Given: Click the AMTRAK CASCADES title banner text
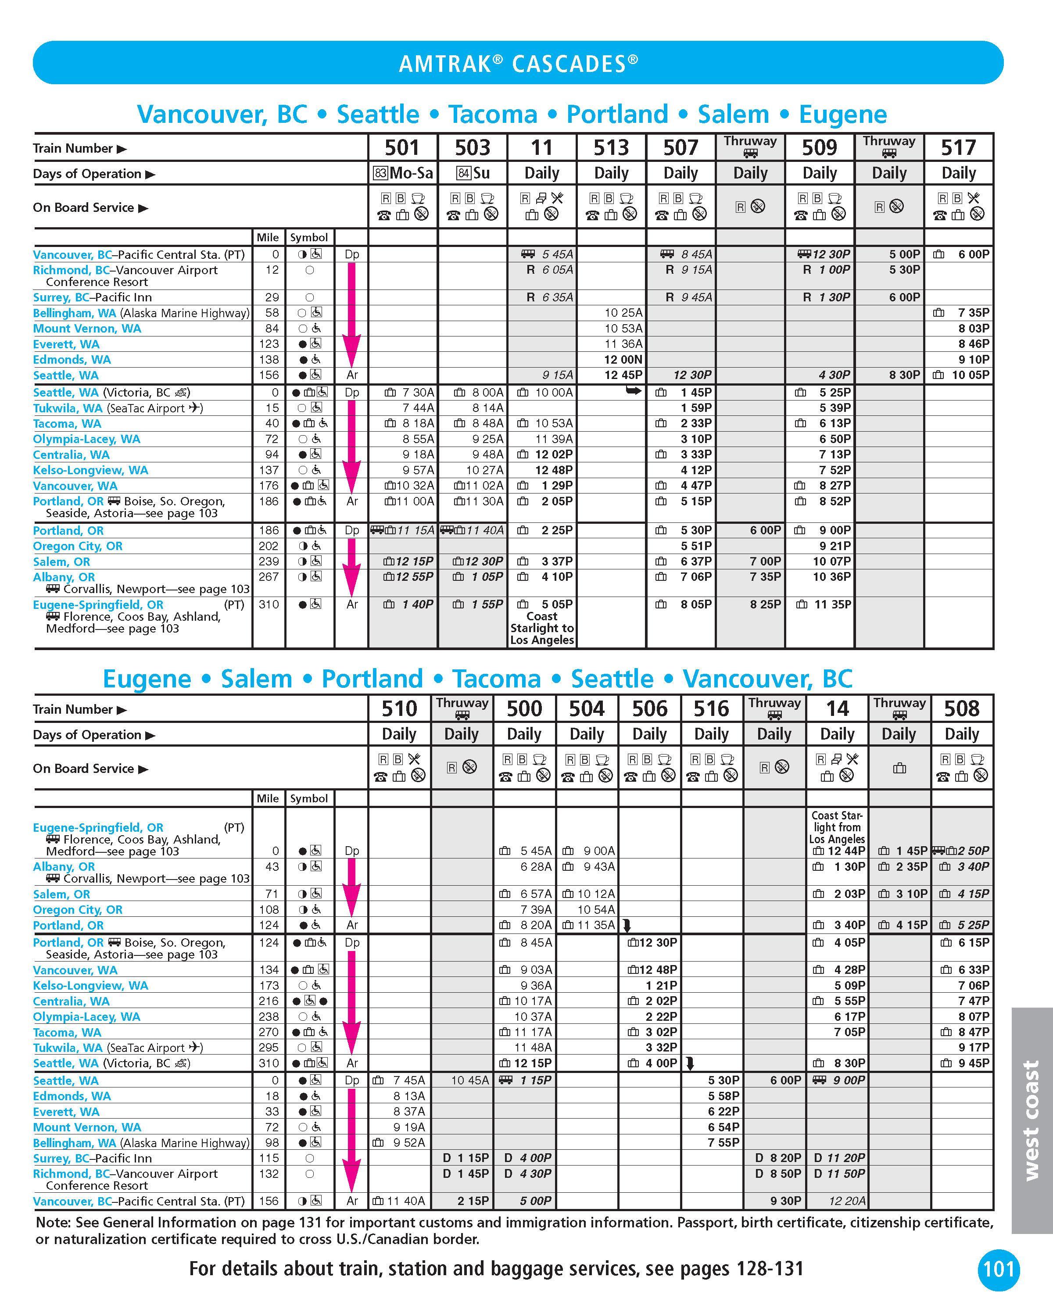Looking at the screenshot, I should pyautogui.click(x=518, y=64).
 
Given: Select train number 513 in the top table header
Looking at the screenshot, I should pyautogui.click(x=611, y=148).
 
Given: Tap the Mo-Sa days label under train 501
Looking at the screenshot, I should pyautogui.click(x=411, y=173).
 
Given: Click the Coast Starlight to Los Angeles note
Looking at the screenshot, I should pyautogui.click(x=542, y=628).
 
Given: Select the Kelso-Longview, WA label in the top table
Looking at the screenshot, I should pyautogui.click(x=90, y=470).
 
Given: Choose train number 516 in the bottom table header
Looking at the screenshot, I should pyautogui.click(x=711, y=708).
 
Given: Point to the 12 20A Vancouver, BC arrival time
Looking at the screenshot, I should pyautogui.click(x=847, y=1201).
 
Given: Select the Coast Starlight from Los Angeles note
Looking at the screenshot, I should pyautogui.click(x=837, y=827).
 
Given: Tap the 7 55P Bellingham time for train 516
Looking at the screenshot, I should pyautogui.click(x=723, y=1142).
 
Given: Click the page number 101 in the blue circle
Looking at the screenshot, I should pyautogui.click(x=999, y=1270).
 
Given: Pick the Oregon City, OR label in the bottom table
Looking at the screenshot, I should pyautogui.click(x=78, y=909).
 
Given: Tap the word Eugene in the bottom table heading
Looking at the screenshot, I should pyautogui.click(x=147, y=679).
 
